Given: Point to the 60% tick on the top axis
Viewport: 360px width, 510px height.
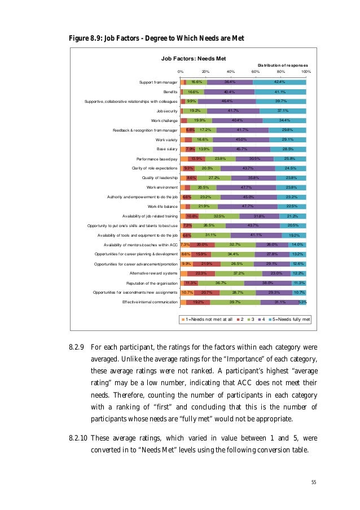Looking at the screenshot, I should (x=255, y=72).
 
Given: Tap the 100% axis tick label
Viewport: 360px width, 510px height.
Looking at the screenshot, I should (x=306, y=72).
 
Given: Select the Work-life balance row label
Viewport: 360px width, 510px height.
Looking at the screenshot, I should (x=163, y=206).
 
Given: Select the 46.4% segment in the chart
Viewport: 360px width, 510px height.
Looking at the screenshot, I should (x=227, y=101).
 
